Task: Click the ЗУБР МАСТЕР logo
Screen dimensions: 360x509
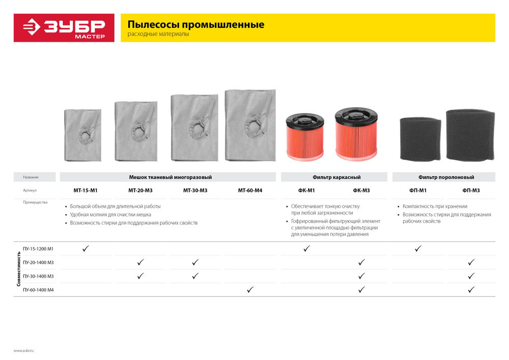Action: (64, 27)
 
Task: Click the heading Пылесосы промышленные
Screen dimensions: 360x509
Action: (195, 24)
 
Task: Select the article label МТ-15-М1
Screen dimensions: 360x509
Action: (86, 190)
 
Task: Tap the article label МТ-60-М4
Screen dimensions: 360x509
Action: (250, 190)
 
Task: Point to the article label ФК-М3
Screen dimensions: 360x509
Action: (361, 190)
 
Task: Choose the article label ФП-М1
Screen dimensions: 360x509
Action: (418, 190)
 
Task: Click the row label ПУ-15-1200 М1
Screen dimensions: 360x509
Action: (38, 248)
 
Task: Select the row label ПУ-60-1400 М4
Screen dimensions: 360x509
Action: (38, 290)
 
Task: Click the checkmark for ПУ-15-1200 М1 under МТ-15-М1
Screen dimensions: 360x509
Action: (86, 248)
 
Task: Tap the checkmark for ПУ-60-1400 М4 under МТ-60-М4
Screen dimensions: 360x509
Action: (250, 290)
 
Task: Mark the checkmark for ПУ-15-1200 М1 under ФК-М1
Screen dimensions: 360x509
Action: (306, 248)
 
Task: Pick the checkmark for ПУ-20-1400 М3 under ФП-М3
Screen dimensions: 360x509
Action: (471, 262)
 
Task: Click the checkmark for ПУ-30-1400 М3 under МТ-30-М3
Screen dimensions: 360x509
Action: (195, 276)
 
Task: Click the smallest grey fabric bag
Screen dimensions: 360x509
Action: (83, 135)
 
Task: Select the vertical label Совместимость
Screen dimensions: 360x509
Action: (19, 269)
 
